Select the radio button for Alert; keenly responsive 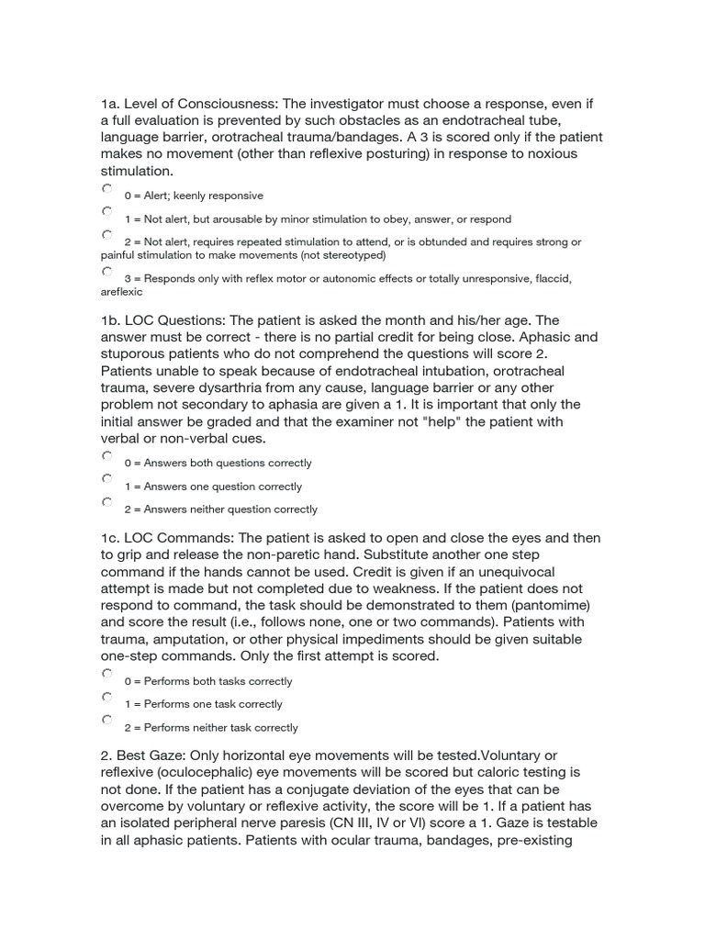[x=107, y=188]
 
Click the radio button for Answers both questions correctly [x=107, y=455]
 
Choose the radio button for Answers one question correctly [x=107, y=479]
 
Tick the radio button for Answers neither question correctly [x=107, y=502]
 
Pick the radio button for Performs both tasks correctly [x=107, y=674]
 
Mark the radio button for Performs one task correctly [x=107, y=697]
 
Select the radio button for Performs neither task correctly [x=107, y=720]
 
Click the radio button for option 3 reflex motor [x=107, y=272]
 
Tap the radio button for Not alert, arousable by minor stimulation [x=107, y=212]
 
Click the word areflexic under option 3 [x=121, y=293]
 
